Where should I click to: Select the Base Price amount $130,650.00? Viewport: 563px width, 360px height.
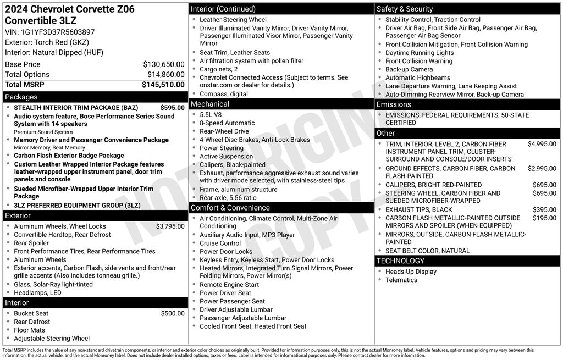pos(164,64)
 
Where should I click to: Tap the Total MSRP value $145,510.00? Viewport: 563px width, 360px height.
pos(163,85)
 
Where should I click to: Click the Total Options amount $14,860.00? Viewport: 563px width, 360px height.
pos(166,75)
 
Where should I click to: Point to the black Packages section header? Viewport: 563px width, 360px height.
pos(95,97)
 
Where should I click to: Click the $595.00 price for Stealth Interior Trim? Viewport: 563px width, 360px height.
pos(173,108)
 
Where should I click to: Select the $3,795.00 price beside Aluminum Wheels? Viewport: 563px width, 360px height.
pos(170,226)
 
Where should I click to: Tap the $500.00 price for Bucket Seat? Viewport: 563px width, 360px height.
pos(173,313)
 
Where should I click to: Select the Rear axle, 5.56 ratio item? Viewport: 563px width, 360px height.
pos(228,198)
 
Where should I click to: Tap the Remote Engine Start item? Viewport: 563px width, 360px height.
pos(229,285)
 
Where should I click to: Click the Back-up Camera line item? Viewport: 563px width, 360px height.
pos(409,69)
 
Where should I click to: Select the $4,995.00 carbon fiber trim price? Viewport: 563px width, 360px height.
pos(542,144)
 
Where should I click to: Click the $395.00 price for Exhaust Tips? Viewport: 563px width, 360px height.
pos(544,210)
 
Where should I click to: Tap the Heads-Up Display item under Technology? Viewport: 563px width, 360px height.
pos(411,272)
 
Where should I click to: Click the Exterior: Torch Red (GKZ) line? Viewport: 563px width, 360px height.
pos(47,42)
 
